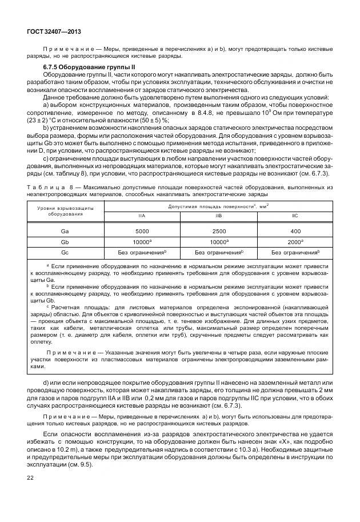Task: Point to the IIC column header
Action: pos(295,216)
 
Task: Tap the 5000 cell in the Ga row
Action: pos(142,231)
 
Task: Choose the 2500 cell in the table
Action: pos(219,231)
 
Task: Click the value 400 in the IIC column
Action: pos(295,231)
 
